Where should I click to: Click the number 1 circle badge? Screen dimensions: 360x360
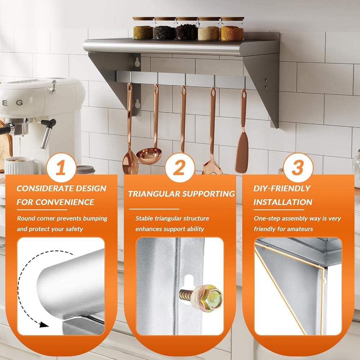[61, 168]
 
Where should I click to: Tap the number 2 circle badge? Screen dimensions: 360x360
[180, 168]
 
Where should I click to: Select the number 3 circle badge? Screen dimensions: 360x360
[298, 168]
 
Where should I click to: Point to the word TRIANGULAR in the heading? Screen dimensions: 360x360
[153, 194]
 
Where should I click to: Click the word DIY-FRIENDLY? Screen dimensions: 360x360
[282, 189]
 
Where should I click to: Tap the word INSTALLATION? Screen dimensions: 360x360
[283, 202]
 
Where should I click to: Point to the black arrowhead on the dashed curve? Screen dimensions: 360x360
[44, 324]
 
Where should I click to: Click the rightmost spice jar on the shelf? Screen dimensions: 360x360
[232, 29]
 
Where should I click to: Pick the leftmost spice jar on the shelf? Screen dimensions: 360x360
[143, 28]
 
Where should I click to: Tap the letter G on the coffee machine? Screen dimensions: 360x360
[19, 103]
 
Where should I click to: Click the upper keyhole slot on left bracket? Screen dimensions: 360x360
[138, 62]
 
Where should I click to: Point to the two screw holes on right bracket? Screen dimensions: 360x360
[266, 84]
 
